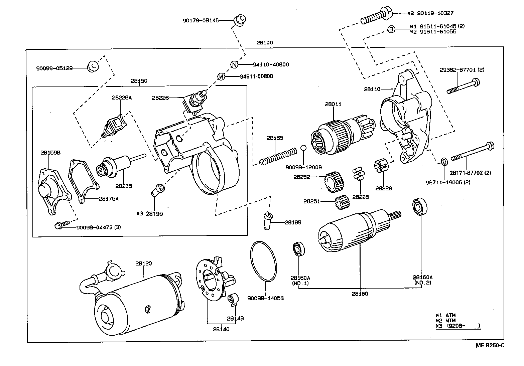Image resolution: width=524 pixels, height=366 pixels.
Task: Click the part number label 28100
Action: point(264,43)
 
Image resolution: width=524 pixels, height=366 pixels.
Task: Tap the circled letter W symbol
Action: point(221,76)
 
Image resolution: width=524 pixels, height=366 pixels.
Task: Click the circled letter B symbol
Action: point(391,29)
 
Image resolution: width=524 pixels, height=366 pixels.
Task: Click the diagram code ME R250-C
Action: point(490,345)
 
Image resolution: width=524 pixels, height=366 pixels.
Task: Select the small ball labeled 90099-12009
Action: point(303,148)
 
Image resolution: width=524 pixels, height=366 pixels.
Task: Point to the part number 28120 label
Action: point(143,263)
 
